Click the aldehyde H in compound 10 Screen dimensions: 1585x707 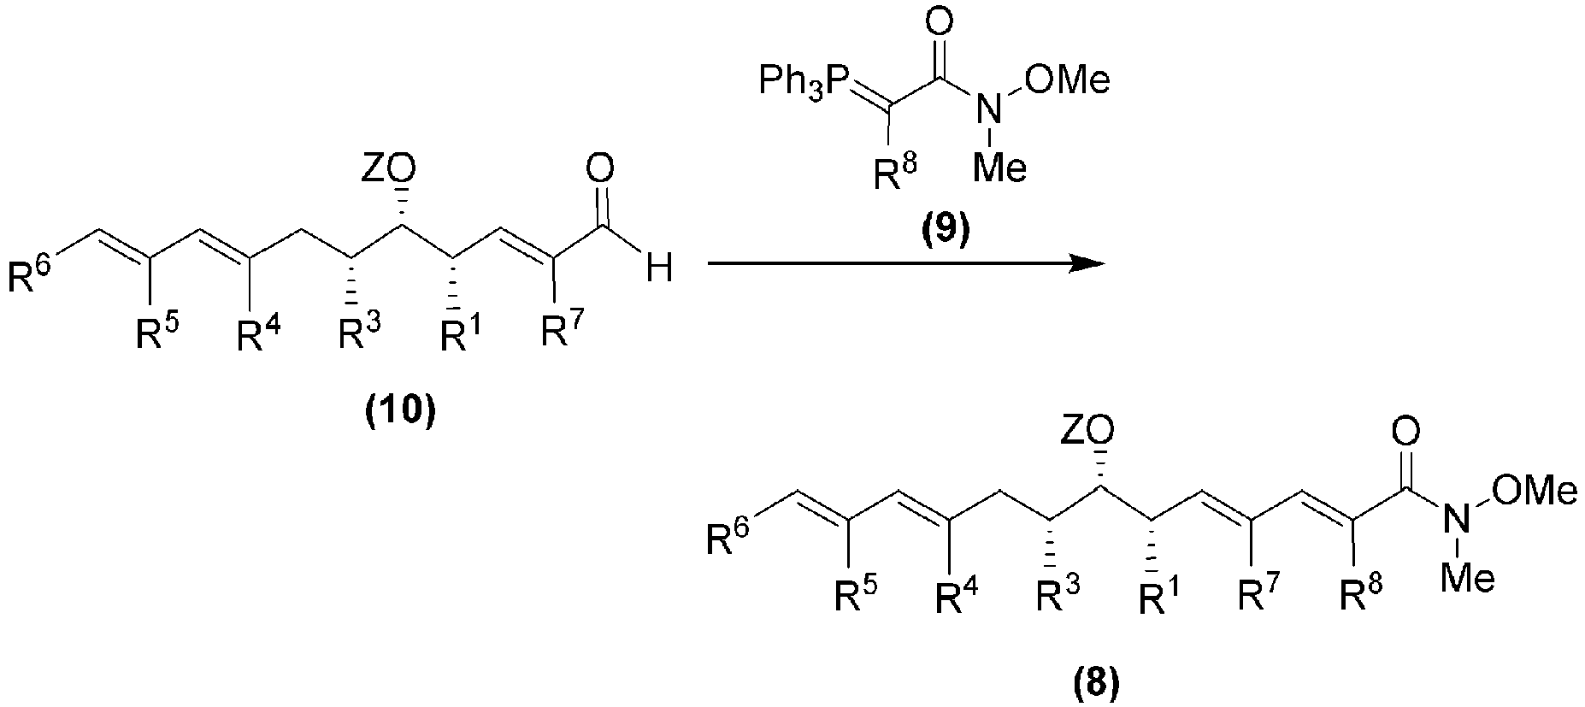658,270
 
